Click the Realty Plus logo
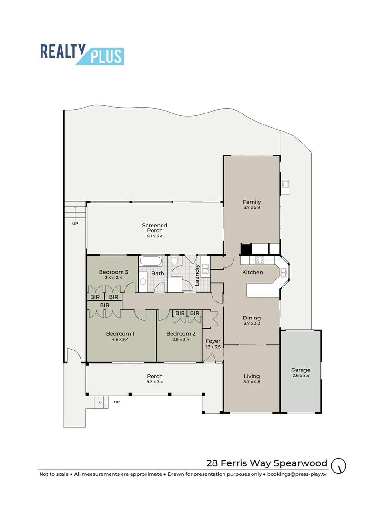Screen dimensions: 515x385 click(x=82, y=54)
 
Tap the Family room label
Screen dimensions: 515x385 click(x=252, y=202)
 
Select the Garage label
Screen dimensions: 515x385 click(x=301, y=370)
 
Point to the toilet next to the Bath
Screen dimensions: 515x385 click(x=175, y=260)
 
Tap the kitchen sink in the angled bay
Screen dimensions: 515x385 click(x=284, y=272)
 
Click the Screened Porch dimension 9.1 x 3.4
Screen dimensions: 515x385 click(x=154, y=236)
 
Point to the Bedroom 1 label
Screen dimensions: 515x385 click(x=120, y=334)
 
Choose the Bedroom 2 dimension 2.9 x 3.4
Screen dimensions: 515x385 click(x=181, y=340)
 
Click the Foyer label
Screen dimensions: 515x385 click(x=213, y=341)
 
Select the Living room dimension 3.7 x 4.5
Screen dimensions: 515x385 click(x=252, y=381)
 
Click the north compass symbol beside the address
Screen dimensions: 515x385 click(x=339, y=465)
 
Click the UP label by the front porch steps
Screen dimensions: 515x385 click(x=117, y=402)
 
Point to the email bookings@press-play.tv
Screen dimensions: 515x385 click(x=296, y=474)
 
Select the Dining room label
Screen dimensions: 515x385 click(x=252, y=318)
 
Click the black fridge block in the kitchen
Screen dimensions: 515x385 click(x=246, y=249)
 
